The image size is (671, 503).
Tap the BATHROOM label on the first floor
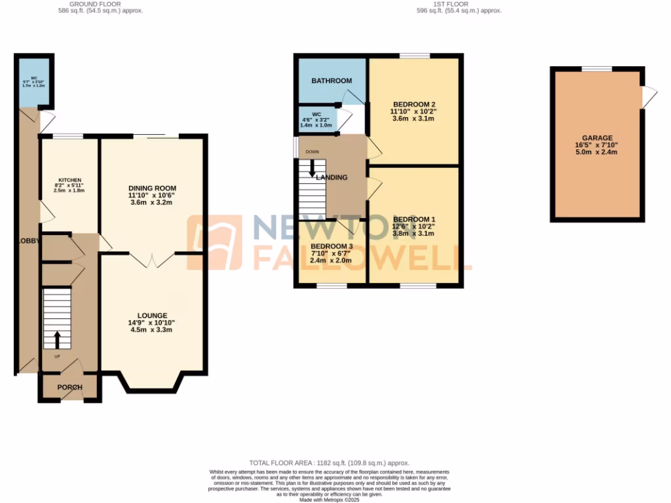tap(331, 81)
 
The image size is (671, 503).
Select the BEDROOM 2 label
tap(414, 104)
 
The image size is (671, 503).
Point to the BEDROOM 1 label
tap(413, 219)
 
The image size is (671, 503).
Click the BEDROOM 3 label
tap(331, 246)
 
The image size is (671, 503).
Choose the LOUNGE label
tap(152, 315)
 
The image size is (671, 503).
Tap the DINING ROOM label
tap(152, 188)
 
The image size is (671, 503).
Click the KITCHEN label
tap(69, 179)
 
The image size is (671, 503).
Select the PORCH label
tap(69, 387)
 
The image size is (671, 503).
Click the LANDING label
tap(332, 177)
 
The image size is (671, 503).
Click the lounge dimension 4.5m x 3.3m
tap(152, 329)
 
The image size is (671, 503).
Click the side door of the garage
tap(648, 98)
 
